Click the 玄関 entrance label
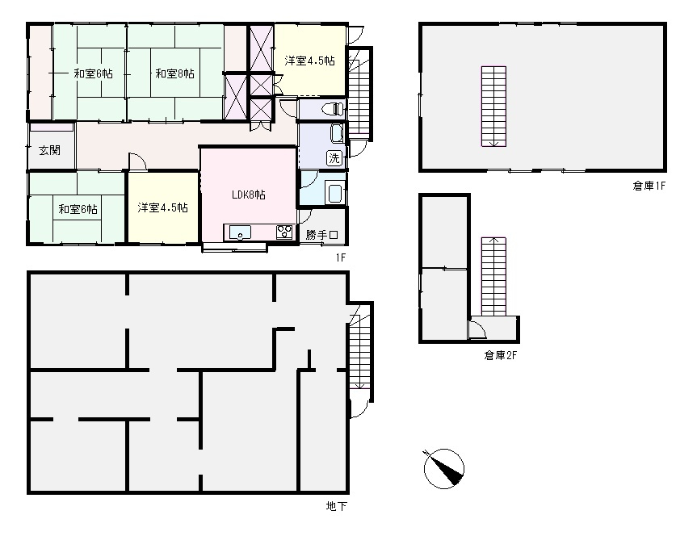coord(49,150)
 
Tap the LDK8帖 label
coord(249,195)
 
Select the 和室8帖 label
coord(174,73)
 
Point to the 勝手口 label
coord(322,234)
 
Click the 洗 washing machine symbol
coord(334,157)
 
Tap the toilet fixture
coord(334,109)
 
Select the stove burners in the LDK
coord(284,232)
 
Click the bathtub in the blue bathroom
coord(334,192)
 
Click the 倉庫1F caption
coord(649,186)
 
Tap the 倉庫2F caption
coord(501,355)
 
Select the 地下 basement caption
coord(337,506)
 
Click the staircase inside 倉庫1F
coord(493,106)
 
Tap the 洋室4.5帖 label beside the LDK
coord(162,207)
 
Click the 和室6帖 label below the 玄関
coord(78,209)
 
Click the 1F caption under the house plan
coord(340,257)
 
